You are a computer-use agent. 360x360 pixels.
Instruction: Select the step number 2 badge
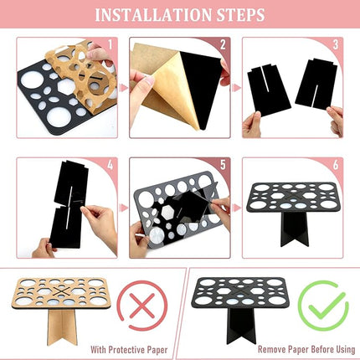pyautogui.click(x=223, y=45)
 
